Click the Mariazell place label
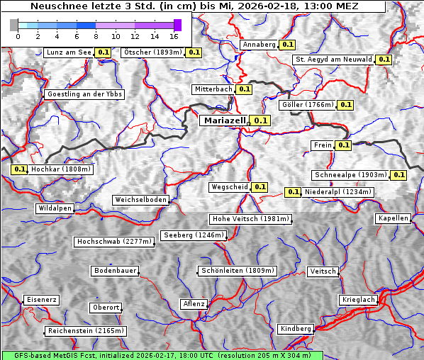coord(224,120)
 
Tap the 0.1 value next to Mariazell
coord(261,120)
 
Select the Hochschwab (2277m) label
coord(114,242)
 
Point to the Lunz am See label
coord(69,52)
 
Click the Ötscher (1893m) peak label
coord(152,52)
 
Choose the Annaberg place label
coord(258,45)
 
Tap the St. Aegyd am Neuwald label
coord(333,60)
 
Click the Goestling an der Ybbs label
coord(84,94)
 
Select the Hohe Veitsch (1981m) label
coord(250,219)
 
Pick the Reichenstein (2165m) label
coord(86,331)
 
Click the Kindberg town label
coord(296,329)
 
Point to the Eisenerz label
coord(41,300)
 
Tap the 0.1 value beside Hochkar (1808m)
coord(19,169)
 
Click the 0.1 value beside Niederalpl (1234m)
coord(293,192)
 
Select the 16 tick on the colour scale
coord(174,35)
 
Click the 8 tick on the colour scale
coord(96,35)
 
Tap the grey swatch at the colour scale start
coord(13,25)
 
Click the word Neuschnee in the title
coord(54,6)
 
